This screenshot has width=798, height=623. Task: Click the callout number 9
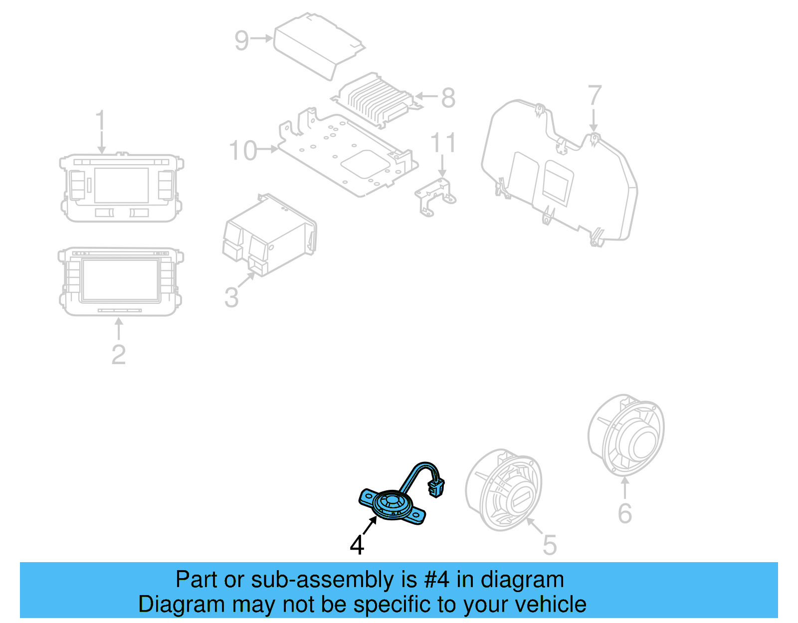coord(241,40)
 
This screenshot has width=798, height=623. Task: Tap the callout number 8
coord(448,98)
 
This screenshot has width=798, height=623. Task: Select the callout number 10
coord(243,151)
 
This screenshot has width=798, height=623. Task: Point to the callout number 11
coord(443,143)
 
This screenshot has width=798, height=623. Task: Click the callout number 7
coord(595,95)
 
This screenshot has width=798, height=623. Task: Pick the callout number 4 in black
coord(357,545)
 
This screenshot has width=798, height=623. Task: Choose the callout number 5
coord(550,545)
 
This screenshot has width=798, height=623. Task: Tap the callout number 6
coord(624,513)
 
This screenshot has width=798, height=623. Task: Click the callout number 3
coord(231,297)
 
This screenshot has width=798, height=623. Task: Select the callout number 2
coord(119,355)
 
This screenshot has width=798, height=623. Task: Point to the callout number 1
coord(101,120)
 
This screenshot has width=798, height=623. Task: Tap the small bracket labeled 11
coord(435,197)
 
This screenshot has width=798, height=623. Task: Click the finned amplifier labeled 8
coord(377,100)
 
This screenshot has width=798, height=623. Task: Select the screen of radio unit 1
coord(122,186)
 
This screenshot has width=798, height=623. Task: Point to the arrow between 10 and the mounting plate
coord(267,149)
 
